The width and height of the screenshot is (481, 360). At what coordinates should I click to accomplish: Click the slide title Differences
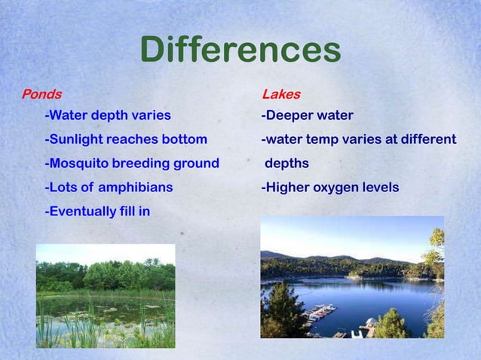[240, 51]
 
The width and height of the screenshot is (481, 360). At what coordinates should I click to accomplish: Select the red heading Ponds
[41, 95]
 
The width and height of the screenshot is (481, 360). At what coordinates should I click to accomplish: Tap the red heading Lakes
[280, 95]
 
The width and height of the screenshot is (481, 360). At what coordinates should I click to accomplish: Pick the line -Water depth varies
[108, 116]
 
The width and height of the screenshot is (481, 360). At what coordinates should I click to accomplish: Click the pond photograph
[105, 295]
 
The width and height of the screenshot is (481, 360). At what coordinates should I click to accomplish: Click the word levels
[379, 188]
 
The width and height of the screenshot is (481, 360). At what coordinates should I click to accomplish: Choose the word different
[428, 139]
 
